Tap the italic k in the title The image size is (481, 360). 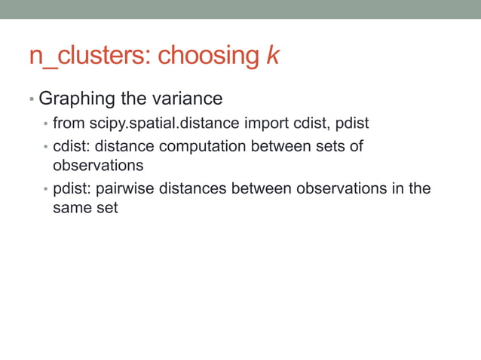point(272,55)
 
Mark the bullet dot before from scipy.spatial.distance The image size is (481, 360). point(46,124)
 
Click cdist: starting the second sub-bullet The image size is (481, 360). point(72,146)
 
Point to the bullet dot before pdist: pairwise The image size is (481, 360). point(46,189)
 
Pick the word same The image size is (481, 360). point(74,207)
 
